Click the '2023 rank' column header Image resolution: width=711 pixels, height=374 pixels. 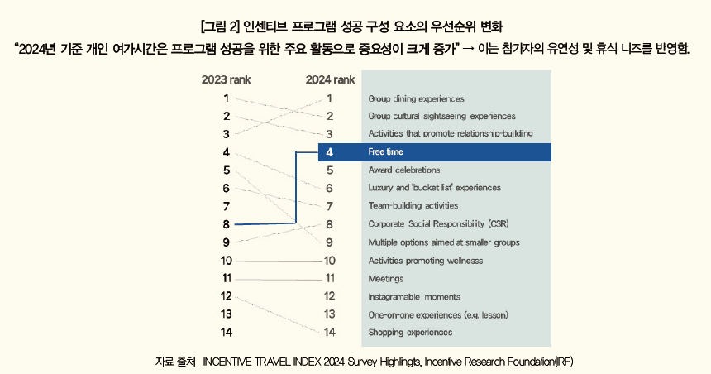226,80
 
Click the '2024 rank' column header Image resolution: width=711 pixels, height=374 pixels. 330,80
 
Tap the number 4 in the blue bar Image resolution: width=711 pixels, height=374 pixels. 329,152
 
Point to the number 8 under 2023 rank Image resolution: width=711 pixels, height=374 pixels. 226,224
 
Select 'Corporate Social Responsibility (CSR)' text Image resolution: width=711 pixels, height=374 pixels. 438,224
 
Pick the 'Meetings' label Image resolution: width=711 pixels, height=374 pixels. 386,279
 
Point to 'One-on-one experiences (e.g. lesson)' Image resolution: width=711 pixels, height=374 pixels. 438,315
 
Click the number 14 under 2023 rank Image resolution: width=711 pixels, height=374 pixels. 226,333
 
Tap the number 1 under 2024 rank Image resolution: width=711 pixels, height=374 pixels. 329,98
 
